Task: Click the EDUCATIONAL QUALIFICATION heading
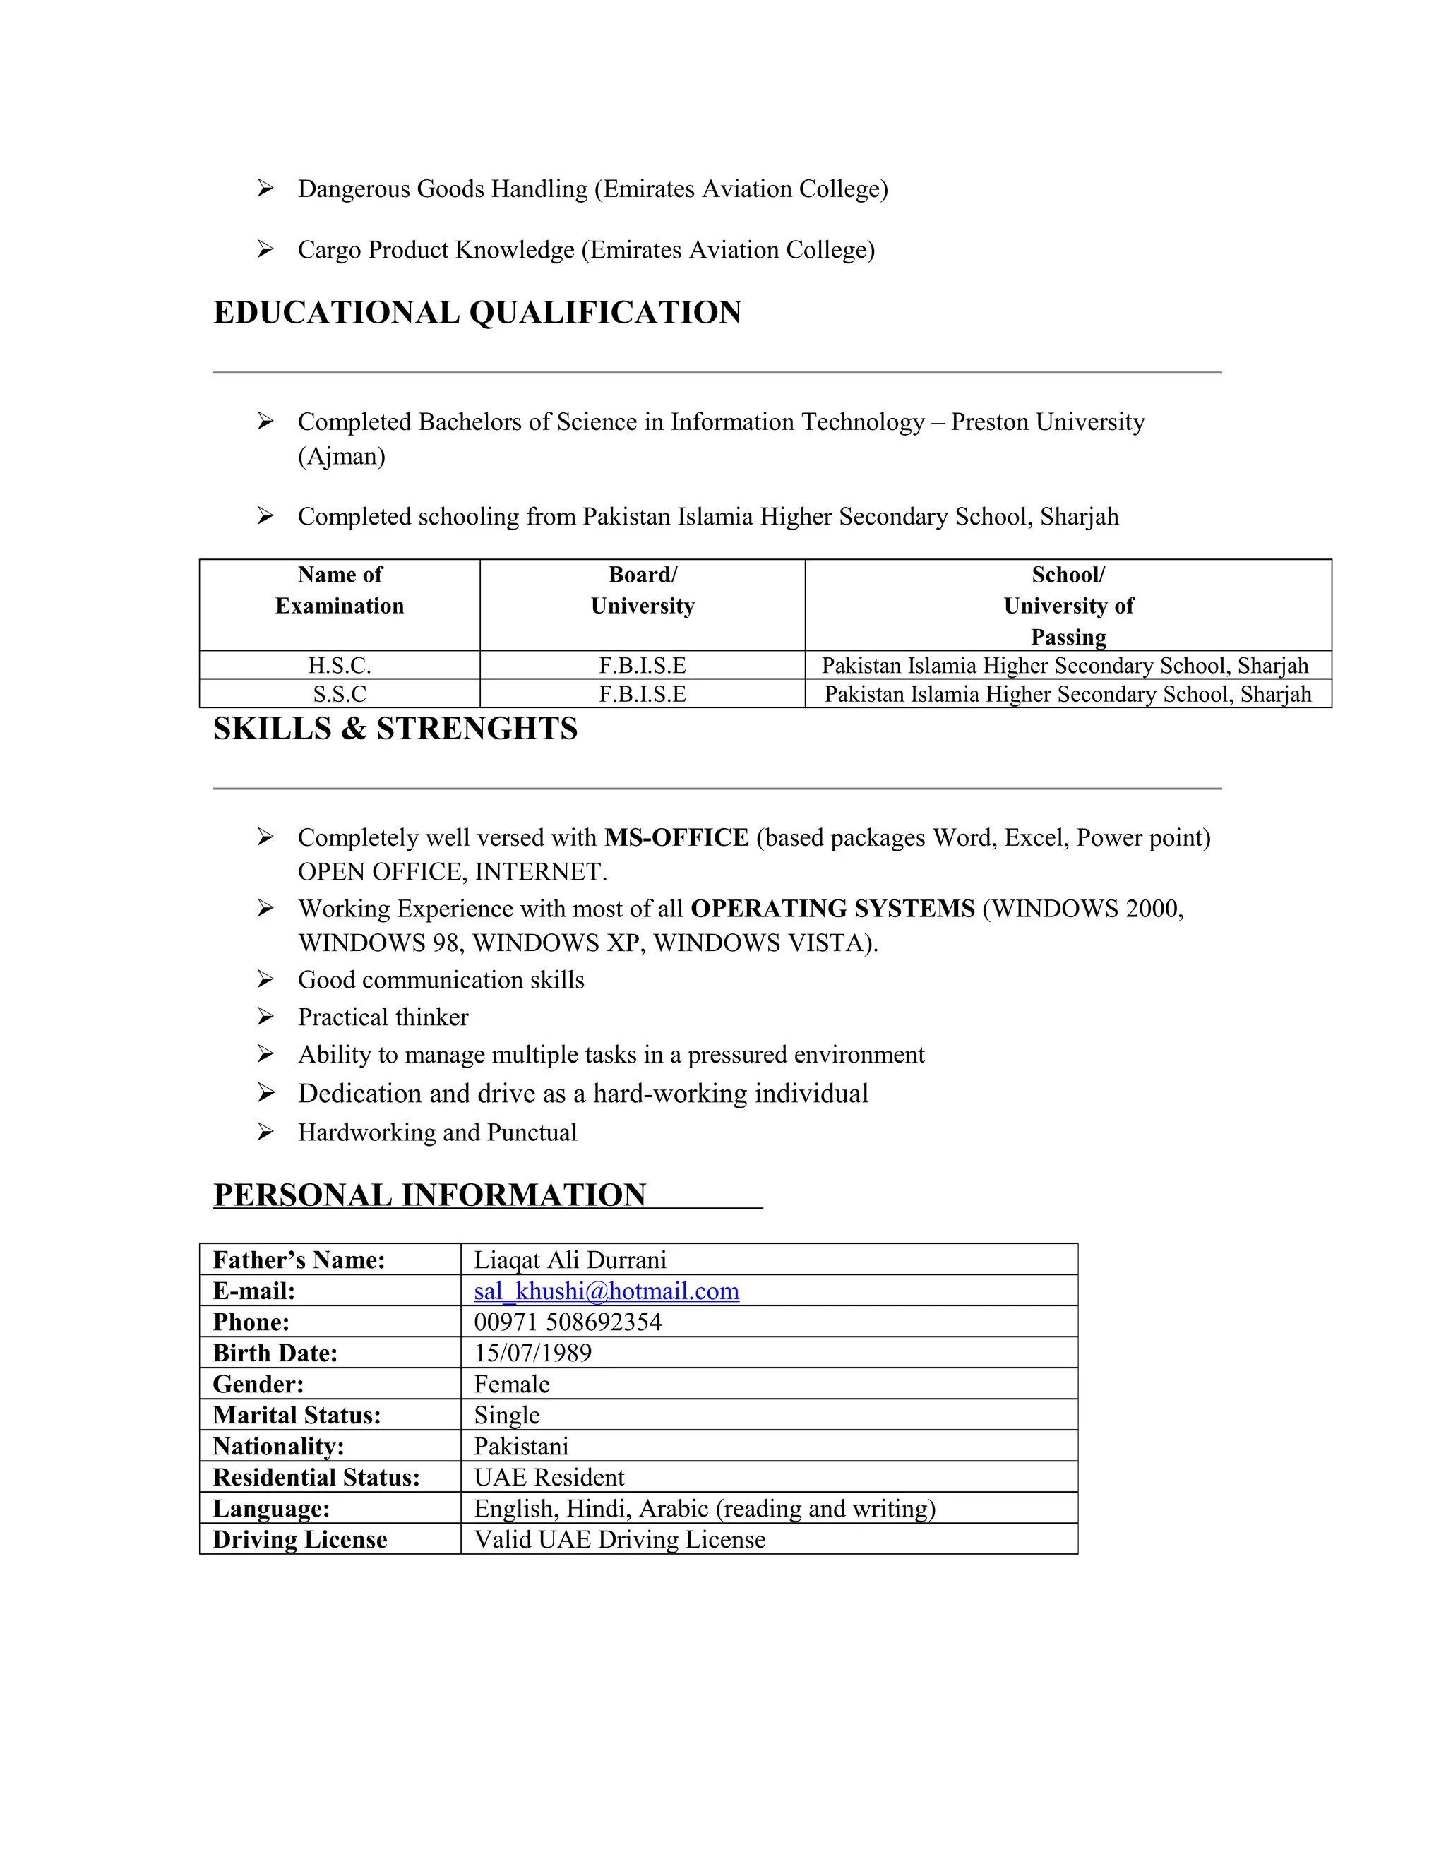click(477, 313)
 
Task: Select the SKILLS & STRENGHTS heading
click(395, 729)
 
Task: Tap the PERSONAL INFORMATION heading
click(429, 1195)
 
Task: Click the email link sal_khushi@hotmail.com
click(607, 1291)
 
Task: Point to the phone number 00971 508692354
click(568, 1322)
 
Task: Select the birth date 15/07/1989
click(533, 1353)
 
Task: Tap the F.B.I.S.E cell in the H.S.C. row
click(643, 666)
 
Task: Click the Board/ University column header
click(643, 590)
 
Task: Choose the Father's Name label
click(299, 1260)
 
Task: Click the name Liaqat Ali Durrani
click(570, 1260)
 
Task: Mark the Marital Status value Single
click(507, 1415)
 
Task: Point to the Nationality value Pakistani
click(521, 1446)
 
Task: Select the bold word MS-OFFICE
click(676, 838)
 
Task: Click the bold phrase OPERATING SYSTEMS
click(832, 909)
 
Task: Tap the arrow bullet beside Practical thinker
click(265, 1017)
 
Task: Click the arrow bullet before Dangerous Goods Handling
click(265, 189)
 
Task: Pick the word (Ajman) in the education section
click(342, 456)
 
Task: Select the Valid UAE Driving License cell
click(619, 1539)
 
